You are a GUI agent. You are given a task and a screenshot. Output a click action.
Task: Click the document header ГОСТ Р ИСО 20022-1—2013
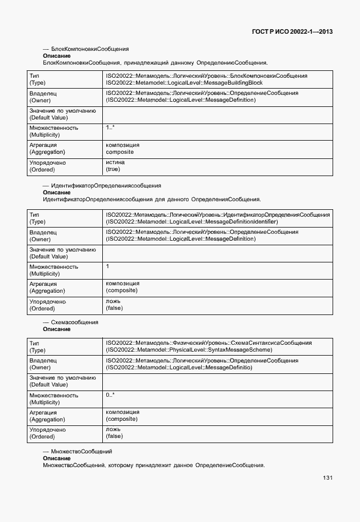(292, 31)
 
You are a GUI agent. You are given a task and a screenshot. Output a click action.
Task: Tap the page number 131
(327, 478)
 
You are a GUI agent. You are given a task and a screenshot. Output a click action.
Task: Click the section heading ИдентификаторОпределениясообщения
(106, 186)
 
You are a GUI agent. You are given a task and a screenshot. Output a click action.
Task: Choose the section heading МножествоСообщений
(81, 452)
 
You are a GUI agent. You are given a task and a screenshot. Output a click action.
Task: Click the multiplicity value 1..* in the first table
(110, 127)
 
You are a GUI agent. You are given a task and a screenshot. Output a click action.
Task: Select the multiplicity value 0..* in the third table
(110, 395)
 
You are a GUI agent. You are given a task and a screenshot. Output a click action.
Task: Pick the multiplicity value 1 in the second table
(107, 266)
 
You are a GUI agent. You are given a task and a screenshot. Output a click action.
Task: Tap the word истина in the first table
(115, 162)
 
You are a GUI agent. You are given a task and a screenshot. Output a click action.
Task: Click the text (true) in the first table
(113, 169)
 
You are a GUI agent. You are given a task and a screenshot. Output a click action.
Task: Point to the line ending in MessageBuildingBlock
(184, 82)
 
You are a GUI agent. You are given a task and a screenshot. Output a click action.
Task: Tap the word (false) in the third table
(114, 436)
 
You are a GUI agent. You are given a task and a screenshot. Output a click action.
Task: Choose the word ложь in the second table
(113, 301)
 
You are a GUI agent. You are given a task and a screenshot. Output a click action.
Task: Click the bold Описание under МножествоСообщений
(57, 459)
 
